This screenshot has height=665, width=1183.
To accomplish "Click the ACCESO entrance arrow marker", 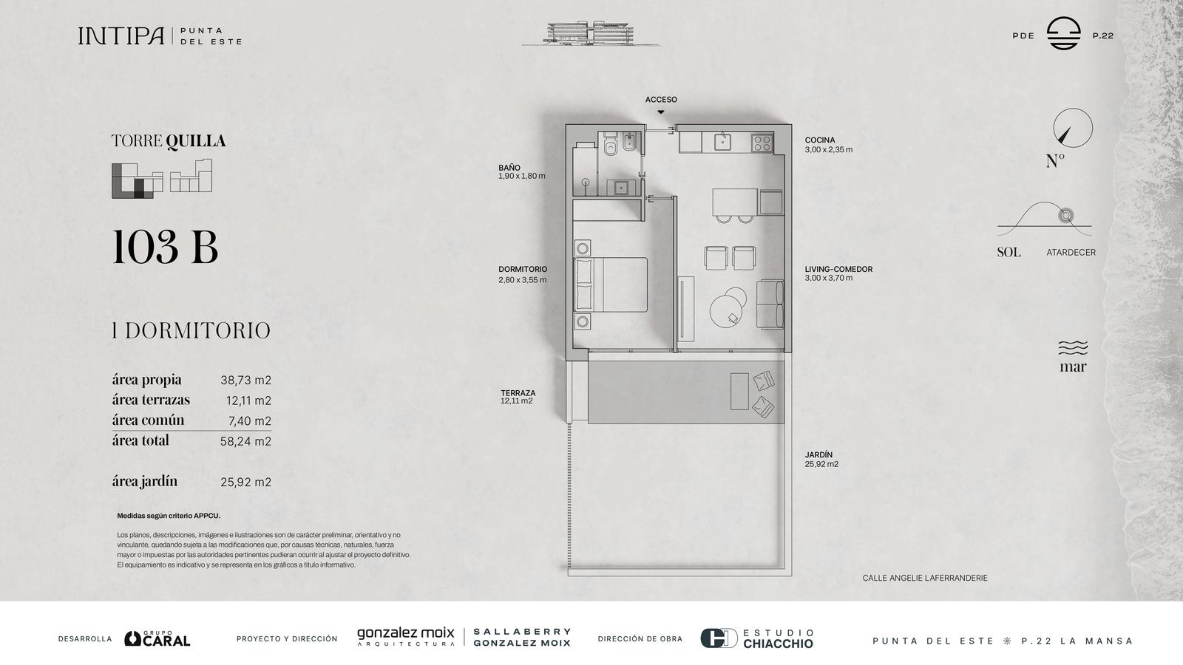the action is (x=661, y=112).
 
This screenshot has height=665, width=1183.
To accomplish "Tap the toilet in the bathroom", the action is (x=611, y=144).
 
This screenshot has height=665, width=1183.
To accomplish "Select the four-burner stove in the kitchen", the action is (x=762, y=143).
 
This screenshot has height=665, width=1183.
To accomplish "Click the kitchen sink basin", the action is (x=722, y=142).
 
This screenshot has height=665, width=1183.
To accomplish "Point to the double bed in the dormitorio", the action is (x=611, y=284).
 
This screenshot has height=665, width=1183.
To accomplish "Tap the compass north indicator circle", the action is (x=1073, y=128).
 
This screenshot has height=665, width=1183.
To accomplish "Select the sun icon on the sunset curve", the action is (x=1065, y=215).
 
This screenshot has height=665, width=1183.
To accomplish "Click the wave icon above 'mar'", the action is (x=1073, y=348).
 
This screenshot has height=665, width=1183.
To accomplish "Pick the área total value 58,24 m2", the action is (x=245, y=441).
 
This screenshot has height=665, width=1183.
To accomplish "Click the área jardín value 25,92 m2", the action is (x=245, y=482).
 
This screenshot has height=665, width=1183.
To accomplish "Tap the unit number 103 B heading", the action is (x=165, y=247).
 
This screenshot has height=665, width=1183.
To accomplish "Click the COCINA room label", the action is (x=820, y=140).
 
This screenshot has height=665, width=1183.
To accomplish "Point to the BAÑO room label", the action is (x=509, y=168).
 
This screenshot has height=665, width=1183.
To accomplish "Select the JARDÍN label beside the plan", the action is (x=818, y=454).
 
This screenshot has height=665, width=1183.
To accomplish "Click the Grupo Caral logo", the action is (x=157, y=638).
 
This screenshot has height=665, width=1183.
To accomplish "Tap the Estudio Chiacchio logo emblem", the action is (x=719, y=638).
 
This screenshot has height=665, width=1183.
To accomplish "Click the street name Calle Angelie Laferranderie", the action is (x=925, y=578).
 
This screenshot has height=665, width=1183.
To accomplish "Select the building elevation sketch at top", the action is (x=591, y=33).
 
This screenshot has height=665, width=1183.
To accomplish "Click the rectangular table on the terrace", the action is (x=739, y=391).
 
